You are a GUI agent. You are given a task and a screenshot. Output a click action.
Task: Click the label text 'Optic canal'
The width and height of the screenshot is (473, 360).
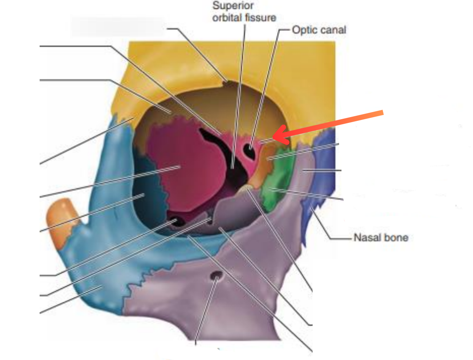point(319,30)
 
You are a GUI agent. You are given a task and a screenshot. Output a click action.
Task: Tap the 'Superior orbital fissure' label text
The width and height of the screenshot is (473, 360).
point(244,12)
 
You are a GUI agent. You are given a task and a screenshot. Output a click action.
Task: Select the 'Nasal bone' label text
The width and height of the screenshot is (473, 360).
point(380,238)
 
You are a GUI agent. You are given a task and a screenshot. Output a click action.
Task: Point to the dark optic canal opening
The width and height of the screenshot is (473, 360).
point(251,146)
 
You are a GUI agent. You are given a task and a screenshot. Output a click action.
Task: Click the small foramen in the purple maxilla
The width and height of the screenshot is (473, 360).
point(217,275)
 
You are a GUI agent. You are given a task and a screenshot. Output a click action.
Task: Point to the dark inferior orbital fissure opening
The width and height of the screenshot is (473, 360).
point(177,222)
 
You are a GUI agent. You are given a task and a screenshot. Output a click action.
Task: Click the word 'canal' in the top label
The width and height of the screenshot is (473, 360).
point(333,30)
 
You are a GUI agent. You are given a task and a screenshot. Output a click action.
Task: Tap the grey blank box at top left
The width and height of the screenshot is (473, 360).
point(117,26)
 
